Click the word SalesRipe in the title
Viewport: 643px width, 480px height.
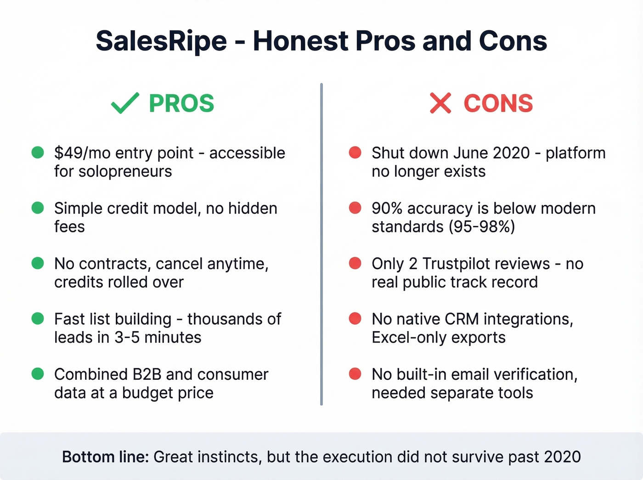[x=161, y=41]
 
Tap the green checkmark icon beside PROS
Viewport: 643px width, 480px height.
[x=125, y=103]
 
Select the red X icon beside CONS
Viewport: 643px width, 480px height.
[x=440, y=103]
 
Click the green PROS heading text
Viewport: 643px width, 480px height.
[x=181, y=103]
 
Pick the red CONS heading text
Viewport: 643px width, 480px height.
[x=498, y=103]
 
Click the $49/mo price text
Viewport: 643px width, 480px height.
[x=82, y=153]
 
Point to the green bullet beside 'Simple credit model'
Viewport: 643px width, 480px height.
[x=38, y=208]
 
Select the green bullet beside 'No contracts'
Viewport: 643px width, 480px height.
[x=38, y=263]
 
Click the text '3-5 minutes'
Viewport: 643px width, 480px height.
[x=158, y=338]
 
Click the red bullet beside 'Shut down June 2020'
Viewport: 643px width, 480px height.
[x=355, y=152]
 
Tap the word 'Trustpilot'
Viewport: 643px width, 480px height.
[x=486, y=264]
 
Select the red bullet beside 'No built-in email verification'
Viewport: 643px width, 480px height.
[x=355, y=374]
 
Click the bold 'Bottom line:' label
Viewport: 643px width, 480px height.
[x=105, y=457]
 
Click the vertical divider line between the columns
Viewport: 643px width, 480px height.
[x=321, y=243]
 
